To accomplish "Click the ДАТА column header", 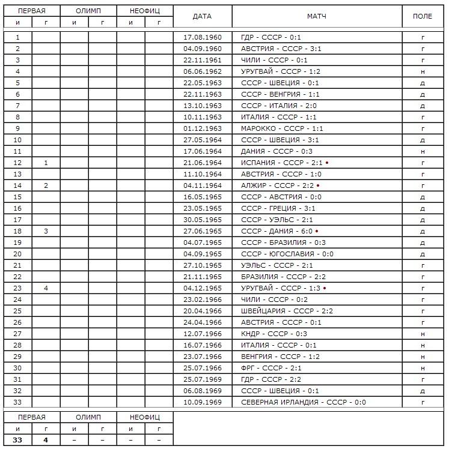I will click(x=202, y=16).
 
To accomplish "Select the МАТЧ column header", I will click(x=316, y=16).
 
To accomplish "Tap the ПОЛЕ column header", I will click(x=423, y=16).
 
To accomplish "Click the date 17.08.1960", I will click(x=203, y=37).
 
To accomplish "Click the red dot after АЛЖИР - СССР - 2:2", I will click(x=318, y=185).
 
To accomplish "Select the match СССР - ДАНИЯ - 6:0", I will click(x=276, y=231).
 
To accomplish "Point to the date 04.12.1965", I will click(x=203, y=288).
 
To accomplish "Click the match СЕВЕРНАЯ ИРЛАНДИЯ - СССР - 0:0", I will click(x=303, y=402).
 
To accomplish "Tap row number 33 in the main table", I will click(x=17, y=402).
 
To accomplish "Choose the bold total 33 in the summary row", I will click(x=17, y=440).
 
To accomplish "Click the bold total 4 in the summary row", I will click(x=46, y=440).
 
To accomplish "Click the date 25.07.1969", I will click(x=203, y=379).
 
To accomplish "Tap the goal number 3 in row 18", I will click(x=46, y=231).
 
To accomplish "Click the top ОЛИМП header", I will click(x=88, y=11).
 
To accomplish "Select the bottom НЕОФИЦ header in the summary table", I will click(x=145, y=417).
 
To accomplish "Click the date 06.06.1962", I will click(x=203, y=71).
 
